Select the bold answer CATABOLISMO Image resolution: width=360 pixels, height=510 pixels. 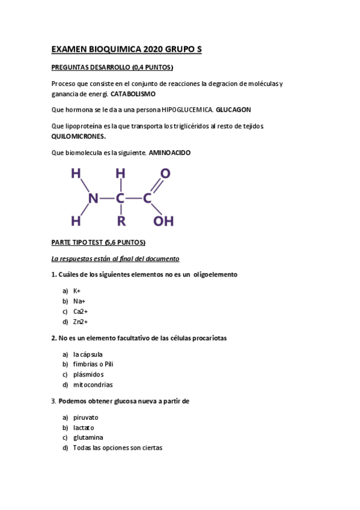pos(133,94)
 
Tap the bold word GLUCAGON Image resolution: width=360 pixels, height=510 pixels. pos(233,110)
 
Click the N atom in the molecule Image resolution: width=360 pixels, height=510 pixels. pos(93,198)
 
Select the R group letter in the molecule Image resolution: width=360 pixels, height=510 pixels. pos(121,221)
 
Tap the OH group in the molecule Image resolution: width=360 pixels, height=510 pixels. pos(163,221)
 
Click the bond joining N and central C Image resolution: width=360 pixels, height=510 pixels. pos(107,198)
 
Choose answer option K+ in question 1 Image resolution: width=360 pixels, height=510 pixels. pos(78,290)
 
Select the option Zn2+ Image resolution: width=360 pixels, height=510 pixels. pos(81,322)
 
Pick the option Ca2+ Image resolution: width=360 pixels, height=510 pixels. pos(81,312)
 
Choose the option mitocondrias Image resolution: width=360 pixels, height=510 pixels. pos(93,385)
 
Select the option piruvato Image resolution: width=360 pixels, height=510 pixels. pos(86,417)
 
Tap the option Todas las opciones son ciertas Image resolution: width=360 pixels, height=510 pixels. pos(118,448)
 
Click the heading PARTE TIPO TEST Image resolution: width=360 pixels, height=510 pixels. pos(99,242)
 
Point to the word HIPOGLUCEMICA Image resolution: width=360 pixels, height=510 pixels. pos(188,110)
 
